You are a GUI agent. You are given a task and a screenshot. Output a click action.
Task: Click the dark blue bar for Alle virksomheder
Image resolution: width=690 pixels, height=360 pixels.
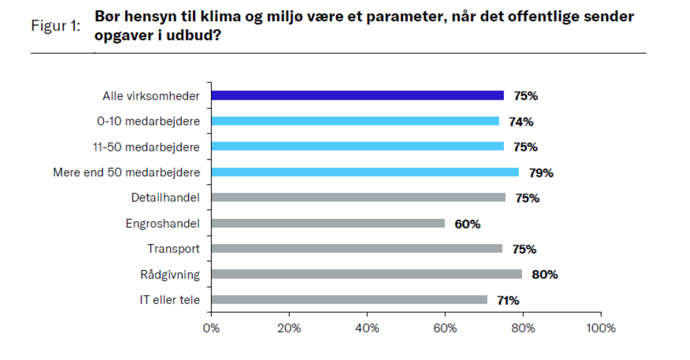(x=357, y=96)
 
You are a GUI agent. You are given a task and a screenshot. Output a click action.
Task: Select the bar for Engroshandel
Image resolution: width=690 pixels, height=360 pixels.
(x=328, y=224)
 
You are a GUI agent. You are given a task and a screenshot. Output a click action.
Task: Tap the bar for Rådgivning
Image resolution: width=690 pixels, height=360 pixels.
(x=366, y=274)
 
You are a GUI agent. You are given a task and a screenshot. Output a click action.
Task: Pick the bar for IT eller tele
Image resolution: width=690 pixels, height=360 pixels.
(x=349, y=300)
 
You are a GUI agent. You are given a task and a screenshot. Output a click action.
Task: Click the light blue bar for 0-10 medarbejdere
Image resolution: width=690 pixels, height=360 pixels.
(x=355, y=122)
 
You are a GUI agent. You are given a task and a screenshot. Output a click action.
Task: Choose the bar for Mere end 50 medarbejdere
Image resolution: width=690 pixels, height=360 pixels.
(x=364, y=173)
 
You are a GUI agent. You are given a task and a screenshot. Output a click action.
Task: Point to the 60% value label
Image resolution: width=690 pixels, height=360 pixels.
(x=467, y=224)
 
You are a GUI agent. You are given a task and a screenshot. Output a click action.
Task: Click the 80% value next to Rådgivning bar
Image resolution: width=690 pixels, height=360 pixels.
(x=544, y=274)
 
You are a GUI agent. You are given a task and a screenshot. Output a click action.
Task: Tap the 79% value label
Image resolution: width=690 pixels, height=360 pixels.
(x=541, y=173)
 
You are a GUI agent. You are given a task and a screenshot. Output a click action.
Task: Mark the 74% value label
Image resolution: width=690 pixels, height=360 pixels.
(x=521, y=122)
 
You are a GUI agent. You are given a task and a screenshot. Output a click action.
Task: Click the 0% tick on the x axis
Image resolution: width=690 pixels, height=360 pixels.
(x=211, y=328)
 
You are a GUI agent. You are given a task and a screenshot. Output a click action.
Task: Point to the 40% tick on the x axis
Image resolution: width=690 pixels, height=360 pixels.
(x=367, y=328)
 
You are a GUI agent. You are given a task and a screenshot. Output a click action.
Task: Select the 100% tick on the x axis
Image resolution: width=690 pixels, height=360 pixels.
(x=600, y=328)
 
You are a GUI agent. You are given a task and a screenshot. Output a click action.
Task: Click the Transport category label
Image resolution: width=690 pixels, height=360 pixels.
(x=174, y=249)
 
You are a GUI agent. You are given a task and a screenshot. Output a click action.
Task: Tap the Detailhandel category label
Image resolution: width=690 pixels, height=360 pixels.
(x=165, y=198)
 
